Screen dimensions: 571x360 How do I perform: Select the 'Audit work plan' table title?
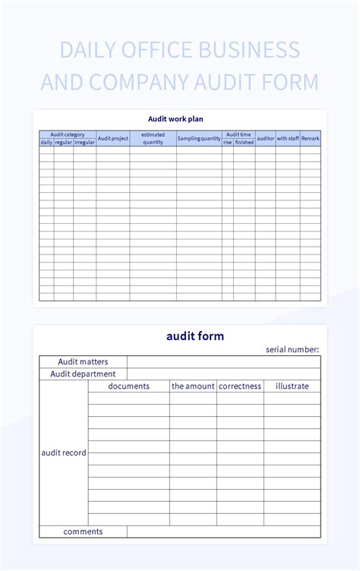coord(175,118)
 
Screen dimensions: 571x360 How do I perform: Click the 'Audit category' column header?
coord(68,134)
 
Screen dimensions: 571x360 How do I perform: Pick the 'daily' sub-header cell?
coord(46,142)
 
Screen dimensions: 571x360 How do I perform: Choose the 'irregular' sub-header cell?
coord(85,142)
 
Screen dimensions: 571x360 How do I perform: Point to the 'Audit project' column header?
coord(113,138)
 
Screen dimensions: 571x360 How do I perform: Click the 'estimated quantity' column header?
coord(153,138)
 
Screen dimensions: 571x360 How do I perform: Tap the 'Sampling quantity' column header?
coord(199,138)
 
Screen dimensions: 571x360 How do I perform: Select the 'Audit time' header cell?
coord(238,134)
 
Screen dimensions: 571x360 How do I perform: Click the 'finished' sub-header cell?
coord(245,142)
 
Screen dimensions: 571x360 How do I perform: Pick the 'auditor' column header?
coord(265,138)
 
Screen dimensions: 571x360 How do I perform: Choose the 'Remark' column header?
coord(310,138)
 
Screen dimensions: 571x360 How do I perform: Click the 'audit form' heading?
coord(195,336)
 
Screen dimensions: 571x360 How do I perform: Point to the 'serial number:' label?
coord(292,349)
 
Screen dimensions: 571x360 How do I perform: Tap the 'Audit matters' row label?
coord(83,361)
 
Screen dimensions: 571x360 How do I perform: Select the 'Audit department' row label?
coord(83,374)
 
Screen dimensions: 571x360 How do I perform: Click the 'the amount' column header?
coord(193,386)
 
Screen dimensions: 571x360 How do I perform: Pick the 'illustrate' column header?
coord(292,386)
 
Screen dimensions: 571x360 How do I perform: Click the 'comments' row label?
coord(83,532)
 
